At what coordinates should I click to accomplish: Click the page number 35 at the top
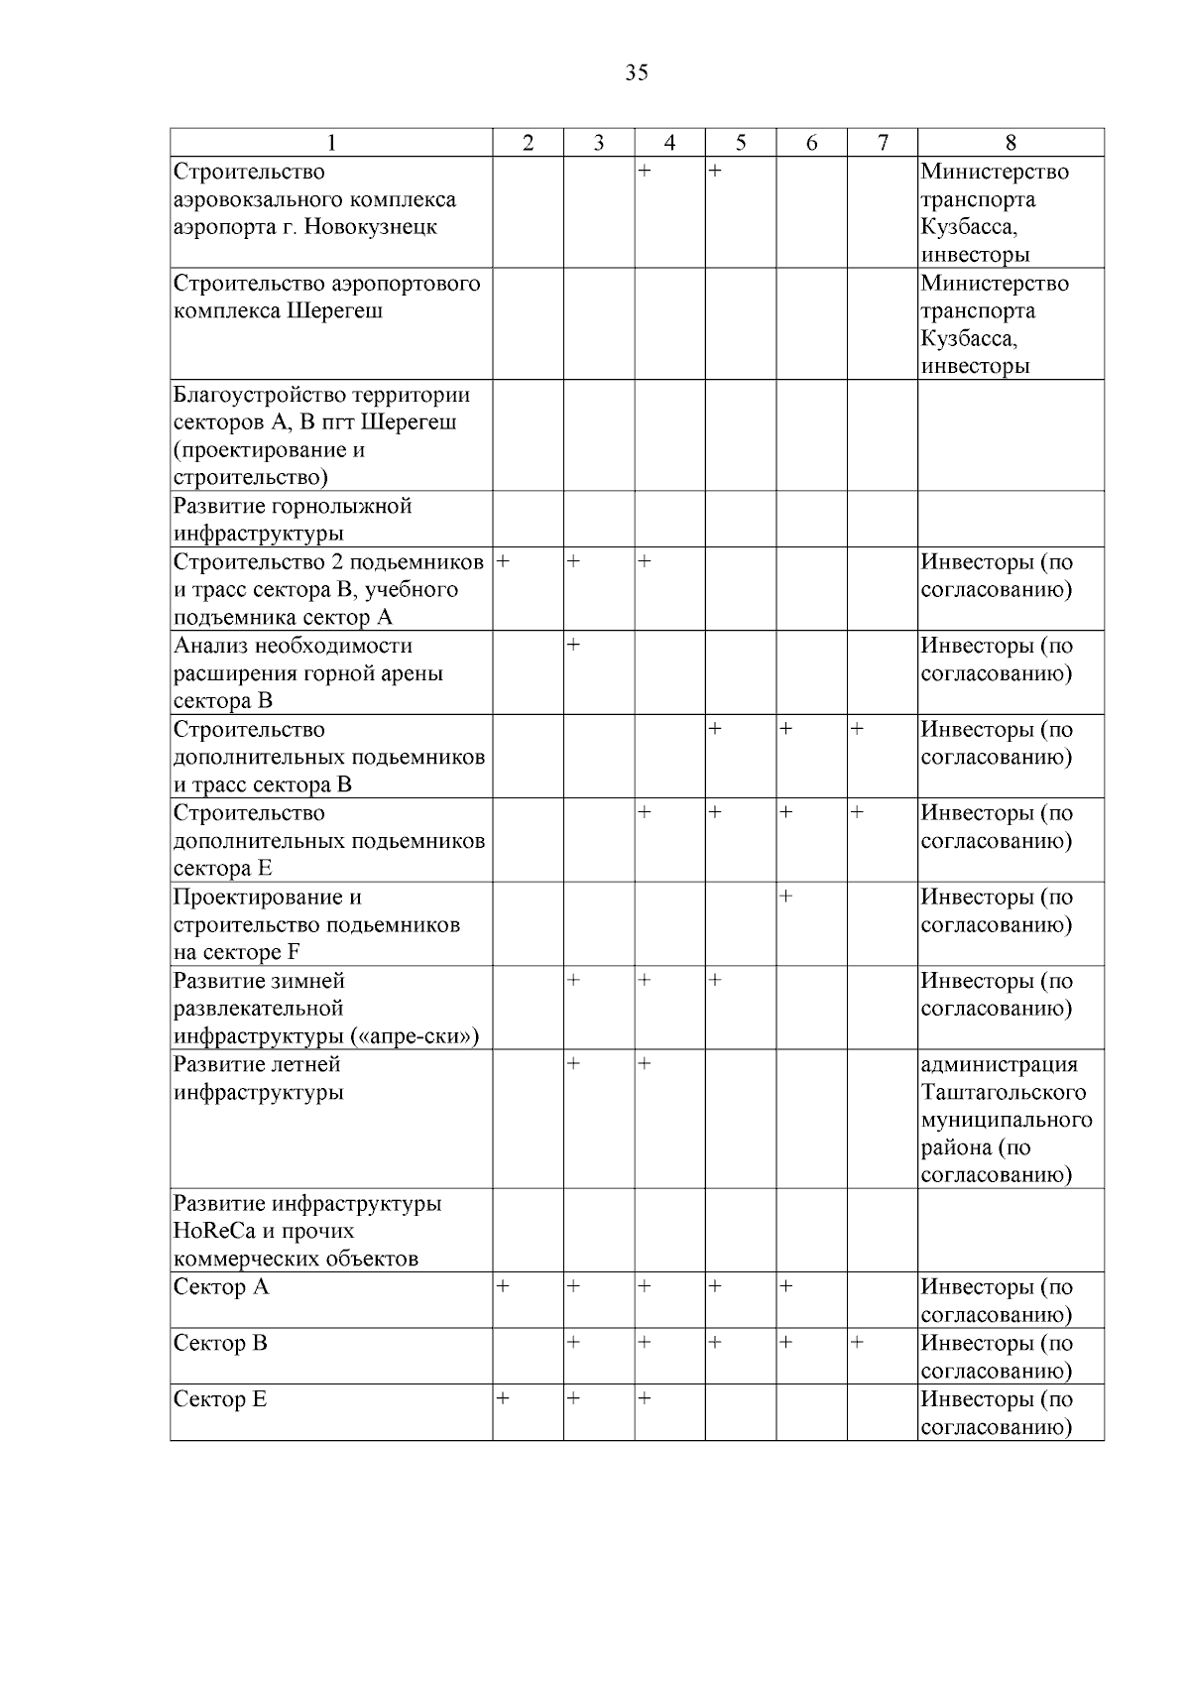click(x=637, y=72)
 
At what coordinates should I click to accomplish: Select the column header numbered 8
click(x=1011, y=143)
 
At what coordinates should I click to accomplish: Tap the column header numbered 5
click(x=741, y=143)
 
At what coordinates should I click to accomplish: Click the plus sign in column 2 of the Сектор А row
click(x=503, y=1286)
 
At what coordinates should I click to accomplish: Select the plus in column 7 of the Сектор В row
click(x=857, y=1342)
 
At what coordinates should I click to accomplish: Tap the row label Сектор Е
click(x=220, y=1399)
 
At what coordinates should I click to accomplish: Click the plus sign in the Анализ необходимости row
click(x=573, y=646)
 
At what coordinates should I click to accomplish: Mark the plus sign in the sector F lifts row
click(x=785, y=897)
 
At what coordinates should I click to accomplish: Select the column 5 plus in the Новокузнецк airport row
click(x=715, y=172)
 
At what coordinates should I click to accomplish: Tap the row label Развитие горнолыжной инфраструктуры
click(x=293, y=520)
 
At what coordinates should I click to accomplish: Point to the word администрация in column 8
click(x=999, y=1064)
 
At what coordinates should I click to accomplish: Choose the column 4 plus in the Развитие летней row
click(x=645, y=1064)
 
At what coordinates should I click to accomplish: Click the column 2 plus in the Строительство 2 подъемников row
click(x=503, y=561)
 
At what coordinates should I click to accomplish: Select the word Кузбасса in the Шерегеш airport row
click(x=967, y=338)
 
